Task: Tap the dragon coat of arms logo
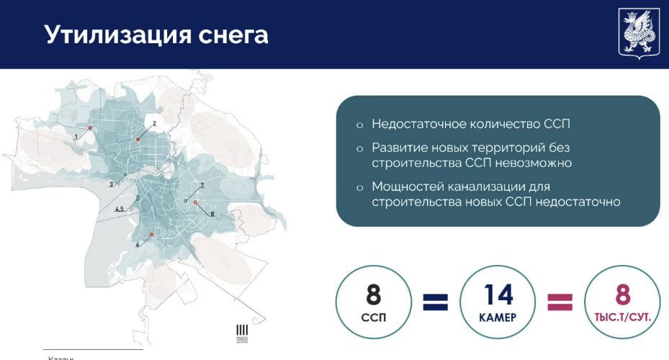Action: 638,33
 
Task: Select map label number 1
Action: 76,135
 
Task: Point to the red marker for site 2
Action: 138,139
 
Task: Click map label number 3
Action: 111,184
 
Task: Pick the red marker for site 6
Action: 151,235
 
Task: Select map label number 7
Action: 202,185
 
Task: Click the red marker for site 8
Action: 195,203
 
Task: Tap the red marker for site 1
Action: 90,128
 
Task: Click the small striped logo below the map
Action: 242,332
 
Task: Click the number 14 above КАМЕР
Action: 497,294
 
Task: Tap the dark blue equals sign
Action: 436,301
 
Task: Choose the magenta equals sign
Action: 560,301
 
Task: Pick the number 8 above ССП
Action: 373,294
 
